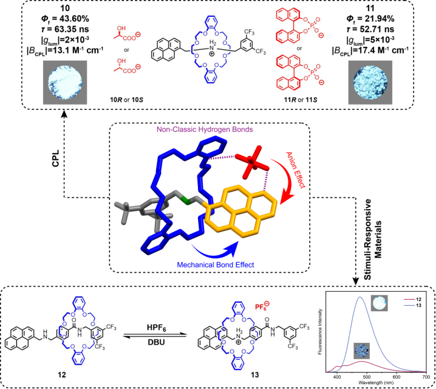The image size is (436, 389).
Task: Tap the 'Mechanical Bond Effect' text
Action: pos(214,264)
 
